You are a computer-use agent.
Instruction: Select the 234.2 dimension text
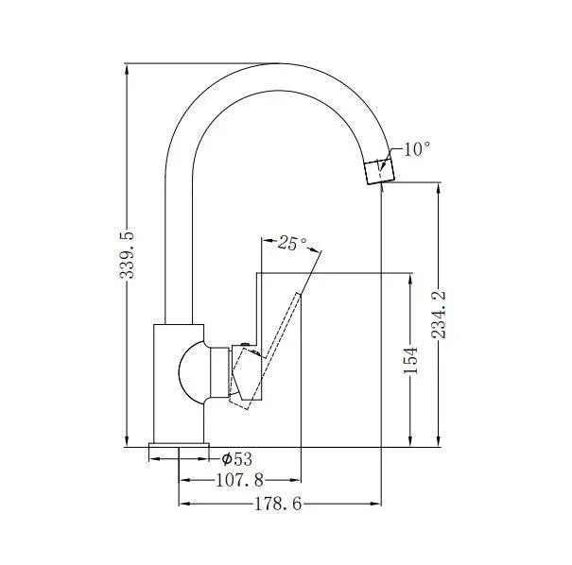coord(439,315)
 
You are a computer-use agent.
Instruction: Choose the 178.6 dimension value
coord(277,505)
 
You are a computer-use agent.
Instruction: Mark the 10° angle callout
coord(416,149)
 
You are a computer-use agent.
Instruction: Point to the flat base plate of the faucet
coord(179,452)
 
